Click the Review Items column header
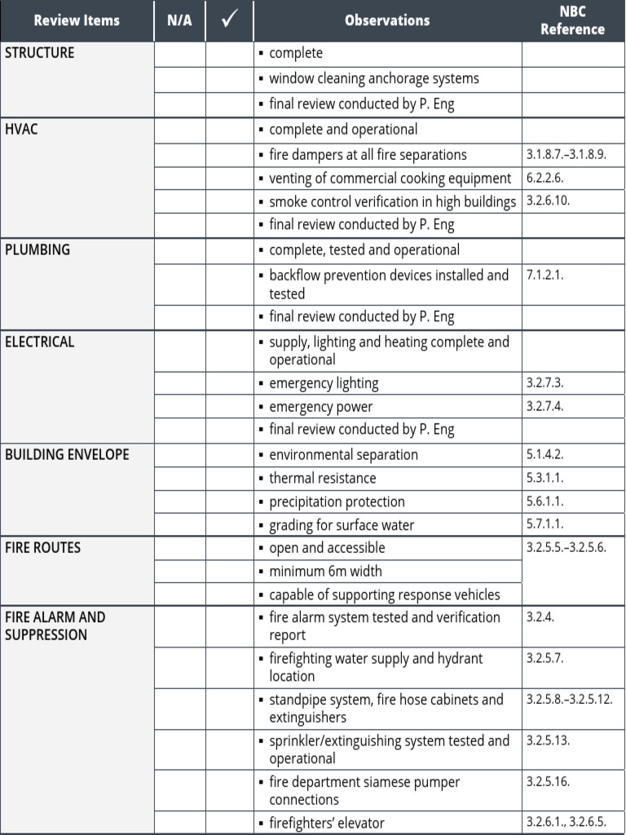pyautogui.click(x=77, y=20)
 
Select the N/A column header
pyautogui.click(x=179, y=20)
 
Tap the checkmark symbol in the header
pyautogui.click(x=229, y=20)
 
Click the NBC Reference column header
pyautogui.click(x=572, y=20)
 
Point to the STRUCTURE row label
pyautogui.click(x=39, y=53)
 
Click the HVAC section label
pyautogui.click(x=21, y=129)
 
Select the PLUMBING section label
pyautogui.click(x=37, y=250)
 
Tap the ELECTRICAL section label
pyautogui.click(x=40, y=342)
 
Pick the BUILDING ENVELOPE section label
pyautogui.click(x=67, y=454)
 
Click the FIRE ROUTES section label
pyautogui.click(x=43, y=548)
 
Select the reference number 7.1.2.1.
pyautogui.click(x=545, y=275)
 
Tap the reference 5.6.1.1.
pyautogui.click(x=545, y=501)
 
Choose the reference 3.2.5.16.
pyautogui.click(x=549, y=781)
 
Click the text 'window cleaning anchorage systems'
pyautogui.click(x=374, y=78)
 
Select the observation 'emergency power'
pyautogui.click(x=320, y=406)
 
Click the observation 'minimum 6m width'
pyautogui.click(x=325, y=572)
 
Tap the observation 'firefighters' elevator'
pyautogui.click(x=326, y=823)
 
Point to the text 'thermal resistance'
pyautogui.click(x=322, y=478)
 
